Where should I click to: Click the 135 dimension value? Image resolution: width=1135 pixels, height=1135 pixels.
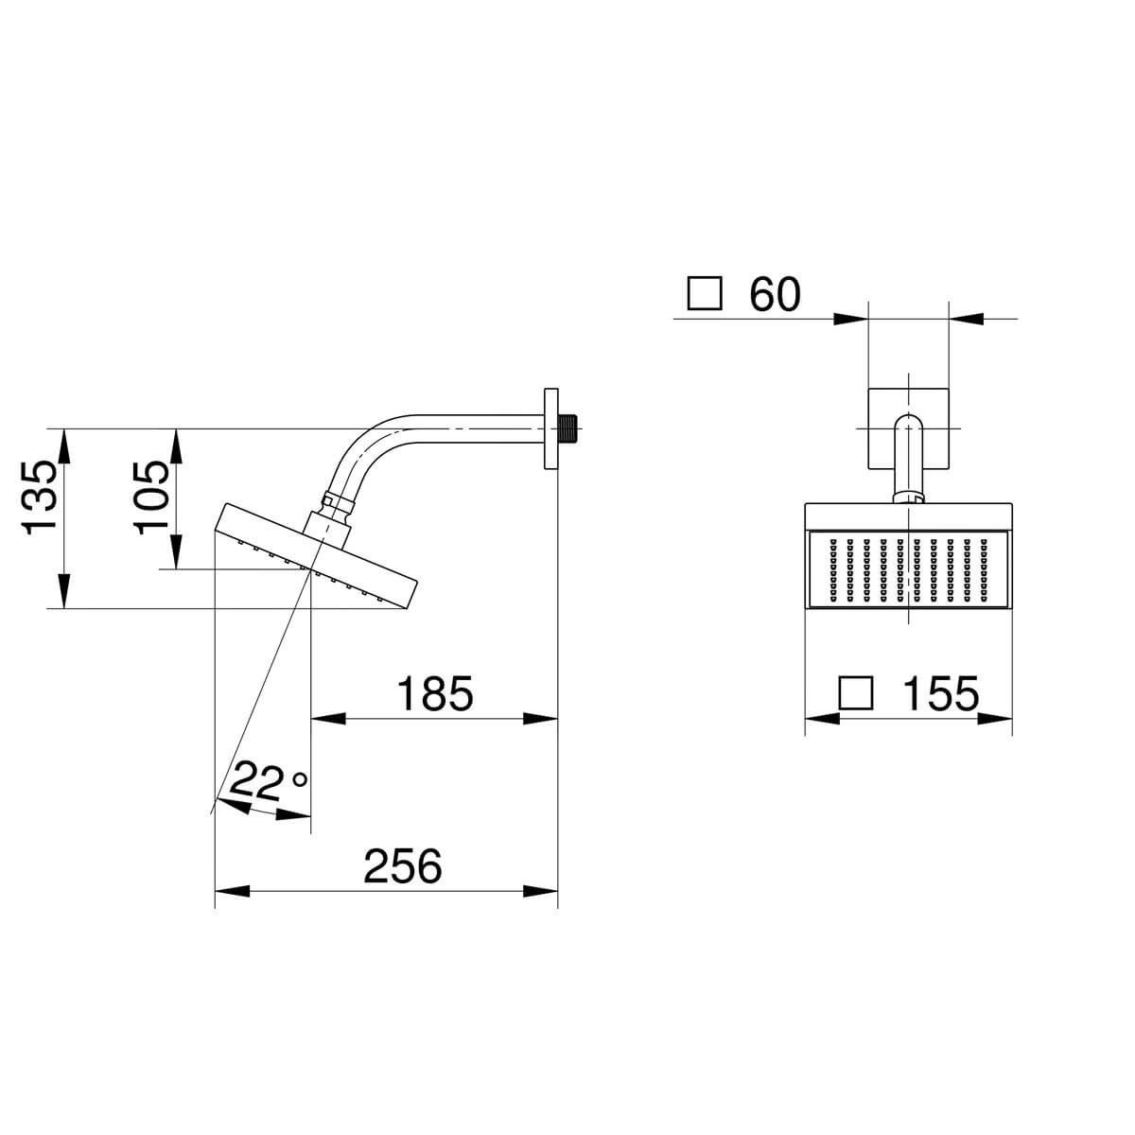pyautogui.click(x=40, y=498)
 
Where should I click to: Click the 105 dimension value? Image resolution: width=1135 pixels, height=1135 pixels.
pyautogui.click(x=151, y=498)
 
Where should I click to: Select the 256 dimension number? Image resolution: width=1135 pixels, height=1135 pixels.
pyautogui.click(x=403, y=865)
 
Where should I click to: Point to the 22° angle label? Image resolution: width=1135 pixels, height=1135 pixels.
pyautogui.click(x=268, y=782)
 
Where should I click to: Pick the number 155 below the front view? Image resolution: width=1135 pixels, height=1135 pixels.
pyautogui.click(x=940, y=693)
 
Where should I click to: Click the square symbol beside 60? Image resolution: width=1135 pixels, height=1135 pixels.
pyautogui.click(x=705, y=293)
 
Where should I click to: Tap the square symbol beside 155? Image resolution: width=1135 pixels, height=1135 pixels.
pyautogui.click(x=855, y=692)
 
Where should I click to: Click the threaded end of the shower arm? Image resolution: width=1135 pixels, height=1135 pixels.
pyautogui.click(x=567, y=428)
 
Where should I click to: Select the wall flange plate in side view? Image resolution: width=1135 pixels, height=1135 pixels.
pyautogui.click(x=550, y=428)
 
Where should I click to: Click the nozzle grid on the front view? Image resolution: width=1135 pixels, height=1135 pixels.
pyautogui.click(x=908, y=570)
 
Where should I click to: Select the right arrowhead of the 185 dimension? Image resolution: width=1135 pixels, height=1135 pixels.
pyautogui.click(x=541, y=719)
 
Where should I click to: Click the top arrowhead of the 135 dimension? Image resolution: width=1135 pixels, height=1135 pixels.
pyautogui.click(x=64, y=445)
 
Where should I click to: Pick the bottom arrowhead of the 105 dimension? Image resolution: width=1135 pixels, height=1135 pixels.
pyautogui.click(x=176, y=551)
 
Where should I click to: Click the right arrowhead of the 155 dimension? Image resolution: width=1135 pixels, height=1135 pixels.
pyautogui.click(x=995, y=719)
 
